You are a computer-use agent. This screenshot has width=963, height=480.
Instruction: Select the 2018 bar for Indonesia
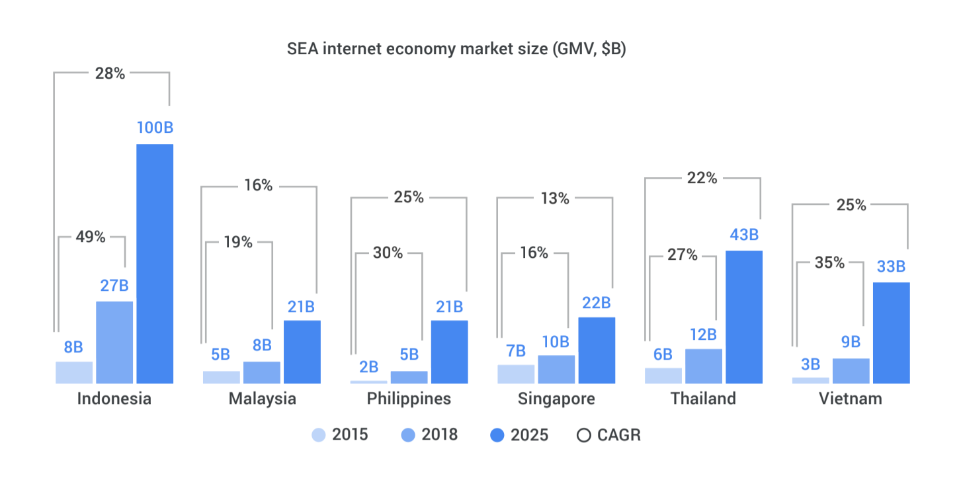(x=114, y=342)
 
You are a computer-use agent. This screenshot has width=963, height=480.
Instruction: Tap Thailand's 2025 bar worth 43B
(x=744, y=317)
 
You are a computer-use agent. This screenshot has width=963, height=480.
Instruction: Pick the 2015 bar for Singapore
(x=516, y=374)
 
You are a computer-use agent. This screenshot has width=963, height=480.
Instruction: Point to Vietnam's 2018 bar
(x=851, y=370)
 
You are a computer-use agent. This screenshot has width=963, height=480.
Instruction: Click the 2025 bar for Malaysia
(x=302, y=351)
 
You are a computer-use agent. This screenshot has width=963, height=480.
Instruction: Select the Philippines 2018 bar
(x=409, y=377)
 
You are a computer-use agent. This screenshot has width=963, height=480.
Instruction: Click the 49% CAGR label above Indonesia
(x=91, y=237)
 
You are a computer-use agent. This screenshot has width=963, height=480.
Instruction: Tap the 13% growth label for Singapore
(x=554, y=198)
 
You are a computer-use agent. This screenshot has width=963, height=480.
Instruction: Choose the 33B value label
(x=891, y=266)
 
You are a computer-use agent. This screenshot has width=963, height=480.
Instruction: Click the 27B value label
(x=114, y=286)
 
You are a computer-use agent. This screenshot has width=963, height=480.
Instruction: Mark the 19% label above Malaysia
(x=238, y=242)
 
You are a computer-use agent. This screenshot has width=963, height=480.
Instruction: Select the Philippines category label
(x=409, y=399)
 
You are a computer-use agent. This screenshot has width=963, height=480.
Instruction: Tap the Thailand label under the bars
(x=703, y=399)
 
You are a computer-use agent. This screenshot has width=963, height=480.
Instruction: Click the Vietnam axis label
(x=851, y=399)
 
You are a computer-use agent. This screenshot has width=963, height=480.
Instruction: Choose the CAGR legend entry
(x=608, y=434)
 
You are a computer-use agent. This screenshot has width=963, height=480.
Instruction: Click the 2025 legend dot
(x=497, y=435)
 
